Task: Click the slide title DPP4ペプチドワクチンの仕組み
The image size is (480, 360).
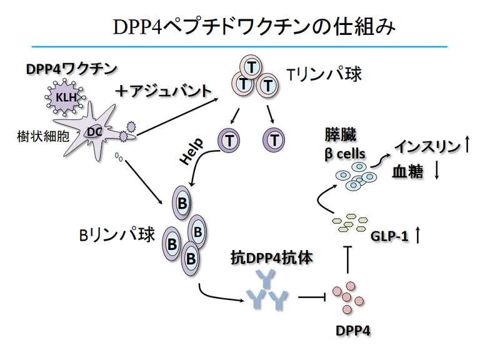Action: coord(252,26)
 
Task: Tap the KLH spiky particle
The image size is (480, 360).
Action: coord(61,98)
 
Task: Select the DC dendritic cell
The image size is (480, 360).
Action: coord(93,131)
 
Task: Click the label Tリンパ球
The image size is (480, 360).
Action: coord(324,75)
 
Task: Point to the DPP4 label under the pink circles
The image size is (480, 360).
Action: coord(349,329)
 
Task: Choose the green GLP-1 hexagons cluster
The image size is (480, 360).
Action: coord(347,223)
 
